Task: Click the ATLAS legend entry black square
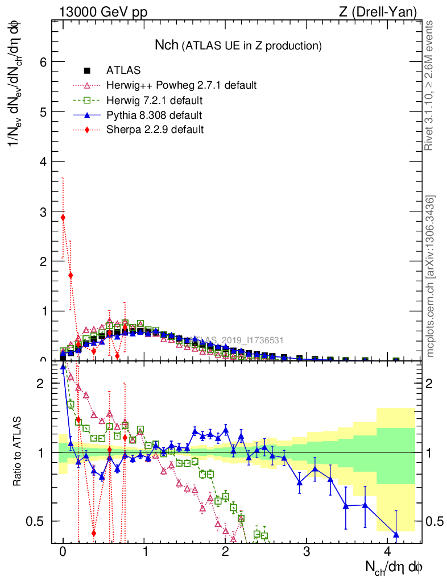(87, 70)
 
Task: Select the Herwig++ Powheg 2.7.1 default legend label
(181, 85)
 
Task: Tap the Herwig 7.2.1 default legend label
(154, 101)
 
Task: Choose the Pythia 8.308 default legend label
(154, 115)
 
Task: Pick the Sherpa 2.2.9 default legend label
(155, 130)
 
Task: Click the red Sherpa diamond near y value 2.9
(63, 218)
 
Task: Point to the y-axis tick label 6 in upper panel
(42, 62)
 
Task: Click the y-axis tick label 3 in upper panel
(42, 211)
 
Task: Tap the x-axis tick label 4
(388, 552)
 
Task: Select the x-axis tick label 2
(226, 552)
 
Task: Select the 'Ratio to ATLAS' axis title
(18, 452)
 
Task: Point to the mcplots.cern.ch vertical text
(431, 277)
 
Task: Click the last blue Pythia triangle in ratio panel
(396, 534)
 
